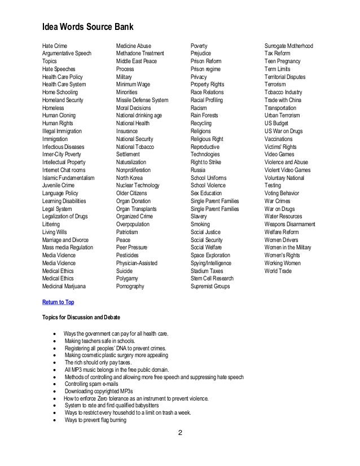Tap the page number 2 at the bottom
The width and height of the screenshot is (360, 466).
point(179,433)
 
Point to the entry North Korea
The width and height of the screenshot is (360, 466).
point(130,177)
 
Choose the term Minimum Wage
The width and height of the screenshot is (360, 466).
point(133,84)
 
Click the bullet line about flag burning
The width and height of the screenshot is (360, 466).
point(95,420)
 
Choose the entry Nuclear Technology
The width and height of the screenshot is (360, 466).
point(138,185)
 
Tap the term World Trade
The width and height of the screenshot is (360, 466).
point(278,271)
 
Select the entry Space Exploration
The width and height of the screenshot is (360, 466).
point(213,256)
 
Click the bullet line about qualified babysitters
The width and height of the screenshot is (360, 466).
point(111,405)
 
